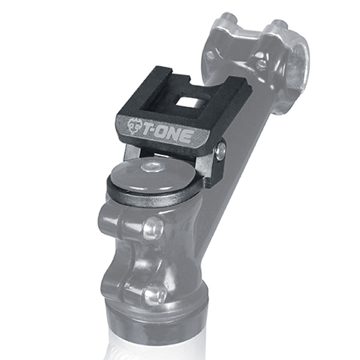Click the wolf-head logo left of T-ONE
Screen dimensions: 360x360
click(134, 126)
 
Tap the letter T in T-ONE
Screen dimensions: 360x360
click(148, 130)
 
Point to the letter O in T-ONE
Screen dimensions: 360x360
click(164, 133)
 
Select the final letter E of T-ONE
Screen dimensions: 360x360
click(186, 137)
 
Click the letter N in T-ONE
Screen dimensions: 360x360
click(175, 136)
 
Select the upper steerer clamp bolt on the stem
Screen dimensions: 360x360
click(152, 228)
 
